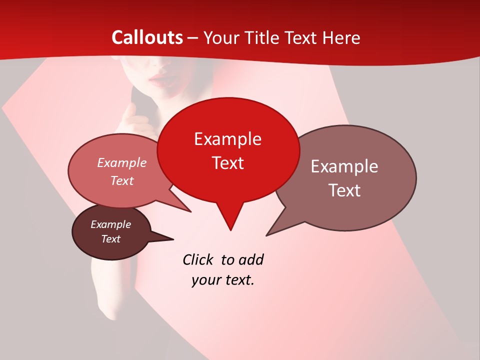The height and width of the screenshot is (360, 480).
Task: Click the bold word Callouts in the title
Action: (147, 37)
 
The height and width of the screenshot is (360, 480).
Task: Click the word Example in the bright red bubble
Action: (227, 139)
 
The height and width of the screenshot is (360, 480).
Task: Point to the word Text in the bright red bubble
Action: (228, 163)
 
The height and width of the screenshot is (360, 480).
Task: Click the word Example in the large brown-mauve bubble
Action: (344, 166)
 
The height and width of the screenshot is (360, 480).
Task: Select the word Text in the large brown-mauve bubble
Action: (345, 190)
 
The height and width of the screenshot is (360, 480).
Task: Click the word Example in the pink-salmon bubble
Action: (122, 163)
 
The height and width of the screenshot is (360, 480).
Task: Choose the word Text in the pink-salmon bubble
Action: (122, 181)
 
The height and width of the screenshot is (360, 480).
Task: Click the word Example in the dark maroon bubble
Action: (111, 224)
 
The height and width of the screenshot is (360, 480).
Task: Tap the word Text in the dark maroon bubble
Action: (111, 239)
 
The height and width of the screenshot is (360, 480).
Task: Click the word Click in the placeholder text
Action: (198, 260)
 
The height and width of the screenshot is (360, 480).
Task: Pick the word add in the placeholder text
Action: (251, 260)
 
